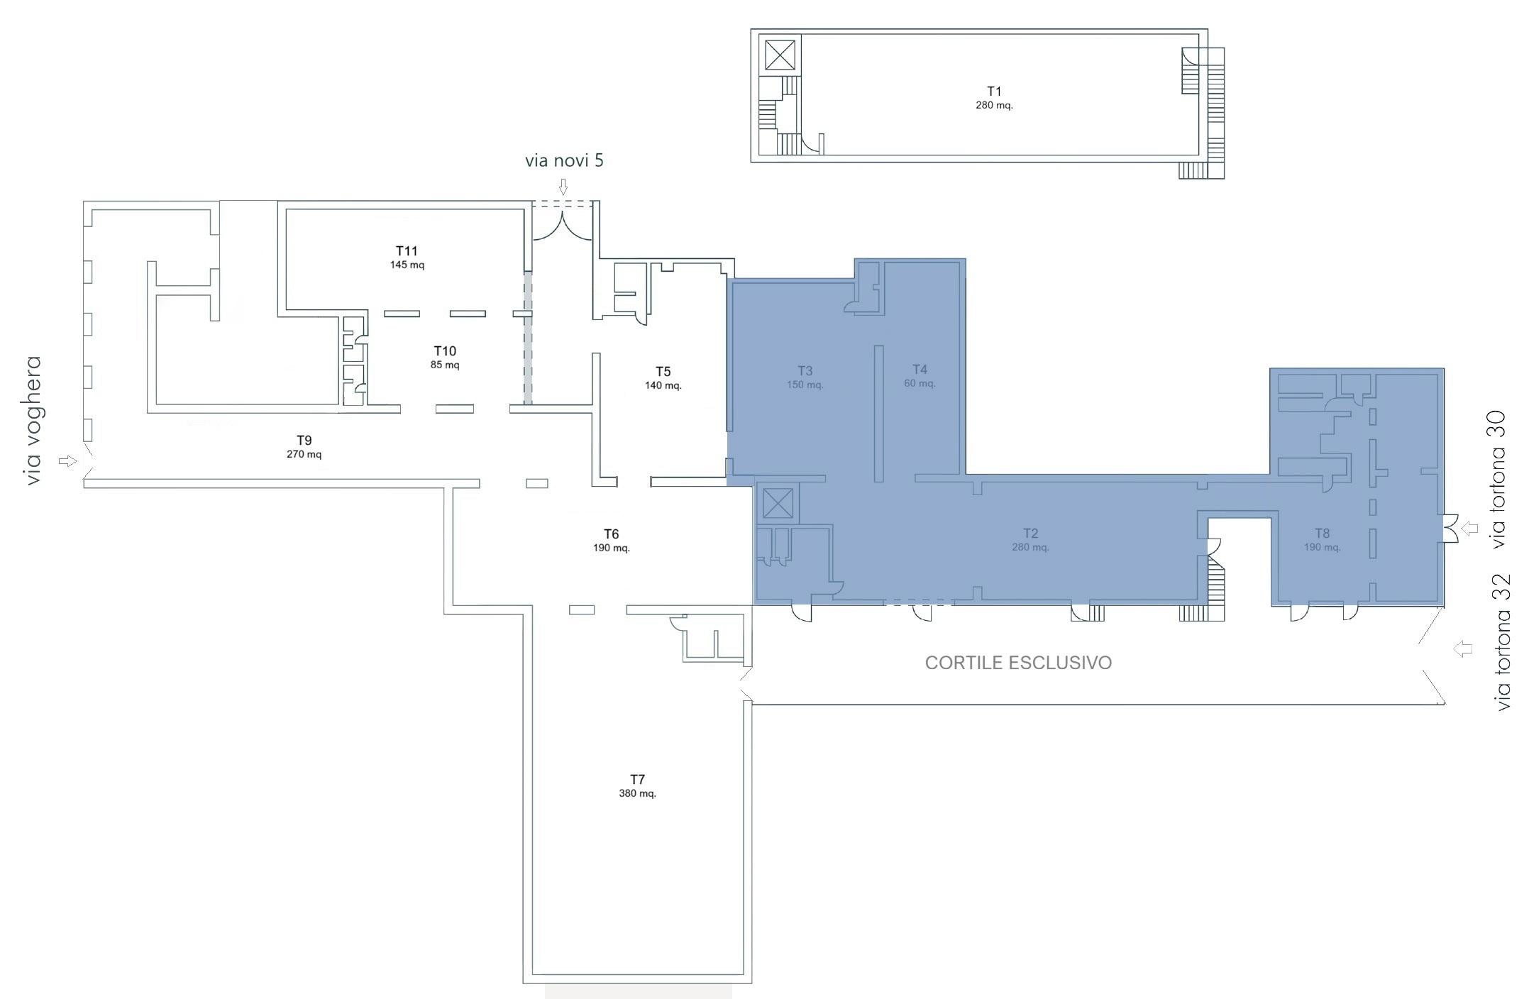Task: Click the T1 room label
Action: click(x=994, y=92)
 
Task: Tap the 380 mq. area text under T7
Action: click(x=637, y=793)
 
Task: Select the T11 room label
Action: click(x=407, y=250)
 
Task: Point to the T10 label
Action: click(x=445, y=351)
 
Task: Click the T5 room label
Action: click(x=663, y=372)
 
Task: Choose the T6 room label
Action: click(x=611, y=534)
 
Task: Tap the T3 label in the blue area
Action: click(x=805, y=370)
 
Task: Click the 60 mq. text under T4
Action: click(x=920, y=383)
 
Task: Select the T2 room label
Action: click(x=1030, y=533)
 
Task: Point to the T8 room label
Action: click(x=1322, y=534)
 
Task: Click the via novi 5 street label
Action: click(x=564, y=160)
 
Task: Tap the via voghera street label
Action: click(x=33, y=421)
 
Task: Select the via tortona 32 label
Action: click(x=1502, y=642)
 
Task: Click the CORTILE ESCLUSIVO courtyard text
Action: click(x=1018, y=663)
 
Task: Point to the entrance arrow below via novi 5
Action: click(x=563, y=187)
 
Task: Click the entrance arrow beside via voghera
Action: click(x=67, y=461)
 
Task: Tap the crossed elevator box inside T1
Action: click(x=780, y=55)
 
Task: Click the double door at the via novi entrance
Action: click(x=562, y=226)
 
